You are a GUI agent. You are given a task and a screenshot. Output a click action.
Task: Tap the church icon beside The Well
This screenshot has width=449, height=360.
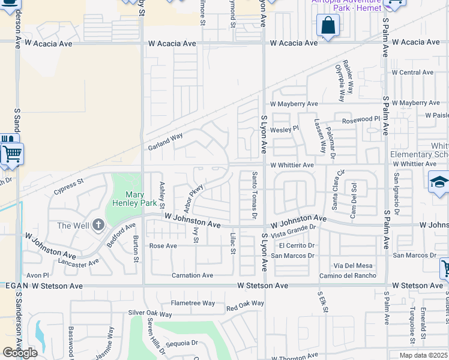click(99, 226)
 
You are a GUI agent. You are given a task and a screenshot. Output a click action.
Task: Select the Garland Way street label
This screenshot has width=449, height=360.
click(165, 142)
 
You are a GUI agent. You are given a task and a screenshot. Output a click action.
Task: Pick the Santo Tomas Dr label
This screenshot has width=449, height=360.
click(255, 194)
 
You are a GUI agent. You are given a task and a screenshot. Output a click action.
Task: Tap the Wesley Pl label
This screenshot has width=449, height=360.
click(284, 129)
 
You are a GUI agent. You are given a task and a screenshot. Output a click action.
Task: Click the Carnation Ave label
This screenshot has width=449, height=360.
click(192, 275)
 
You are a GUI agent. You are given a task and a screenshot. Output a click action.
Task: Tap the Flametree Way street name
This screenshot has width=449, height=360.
click(193, 303)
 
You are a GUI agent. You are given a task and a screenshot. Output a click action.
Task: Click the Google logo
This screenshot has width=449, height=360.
click(20, 352)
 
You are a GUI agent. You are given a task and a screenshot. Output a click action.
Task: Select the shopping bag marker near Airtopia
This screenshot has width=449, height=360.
click(328, 26)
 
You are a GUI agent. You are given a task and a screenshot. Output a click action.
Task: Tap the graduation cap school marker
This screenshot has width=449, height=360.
click(439, 182)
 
